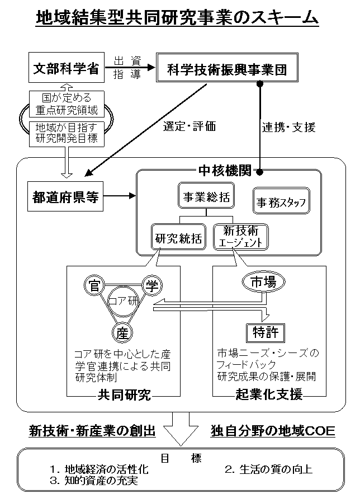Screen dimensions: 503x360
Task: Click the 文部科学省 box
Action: tap(65, 69)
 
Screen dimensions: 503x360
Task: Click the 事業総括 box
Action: tap(206, 197)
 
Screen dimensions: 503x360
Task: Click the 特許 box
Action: tap(262, 333)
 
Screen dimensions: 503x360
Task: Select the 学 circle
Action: tap(151, 286)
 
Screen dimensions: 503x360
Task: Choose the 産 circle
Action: tap(123, 333)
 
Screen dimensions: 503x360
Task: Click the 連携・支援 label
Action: tap(289, 127)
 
